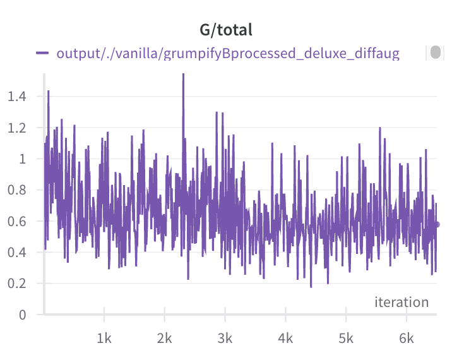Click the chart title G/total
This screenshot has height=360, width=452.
pyautogui.click(x=226, y=30)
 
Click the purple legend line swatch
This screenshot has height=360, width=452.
pyautogui.click(x=42, y=53)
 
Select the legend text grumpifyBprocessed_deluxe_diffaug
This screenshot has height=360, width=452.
pyautogui.click(x=282, y=54)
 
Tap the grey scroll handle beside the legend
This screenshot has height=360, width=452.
pyautogui.click(x=436, y=52)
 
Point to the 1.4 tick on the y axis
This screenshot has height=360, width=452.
pyautogui.click(x=17, y=97)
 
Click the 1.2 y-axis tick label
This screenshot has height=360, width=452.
pyautogui.click(x=17, y=128)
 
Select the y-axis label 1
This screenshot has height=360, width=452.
pyautogui.click(x=23, y=159)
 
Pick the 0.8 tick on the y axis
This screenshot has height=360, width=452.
pyautogui.click(x=17, y=190)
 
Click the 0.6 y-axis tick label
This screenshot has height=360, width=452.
pyautogui.click(x=17, y=222)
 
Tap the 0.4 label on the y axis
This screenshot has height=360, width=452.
pyautogui.click(x=17, y=253)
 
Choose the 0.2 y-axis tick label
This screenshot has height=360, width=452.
pyautogui.click(x=17, y=284)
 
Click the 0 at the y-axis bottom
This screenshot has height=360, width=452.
pyautogui.click(x=23, y=315)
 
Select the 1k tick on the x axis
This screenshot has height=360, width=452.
pyautogui.click(x=104, y=339)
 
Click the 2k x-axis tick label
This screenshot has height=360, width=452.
pyautogui.click(x=165, y=339)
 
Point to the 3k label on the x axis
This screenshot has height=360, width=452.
pyautogui.click(x=225, y=339)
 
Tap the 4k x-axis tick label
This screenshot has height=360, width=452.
pyautogui.click(x=286, y=339)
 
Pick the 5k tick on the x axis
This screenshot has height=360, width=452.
pyautogui.click(x=346, y=339)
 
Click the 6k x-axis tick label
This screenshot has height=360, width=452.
pyautogui.click(x=407, y=339)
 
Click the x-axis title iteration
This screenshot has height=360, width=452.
pyautogui.click(x=401, y=303)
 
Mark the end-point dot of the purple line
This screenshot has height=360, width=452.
pyautogui.click(x=437, y=224)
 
